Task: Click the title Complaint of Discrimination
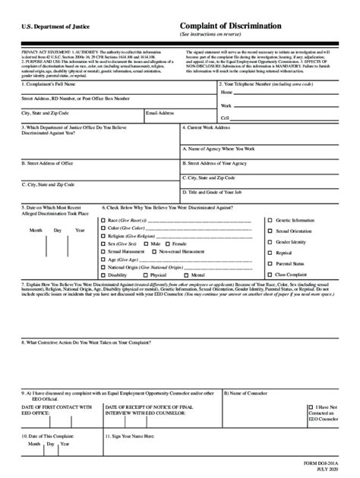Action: point(231,26)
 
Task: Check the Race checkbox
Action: point(103,220)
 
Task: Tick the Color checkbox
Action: point(103,228)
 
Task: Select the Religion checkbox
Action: point(103,236)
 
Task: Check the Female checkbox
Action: point(169,244)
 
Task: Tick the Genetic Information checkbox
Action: point(270,219)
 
